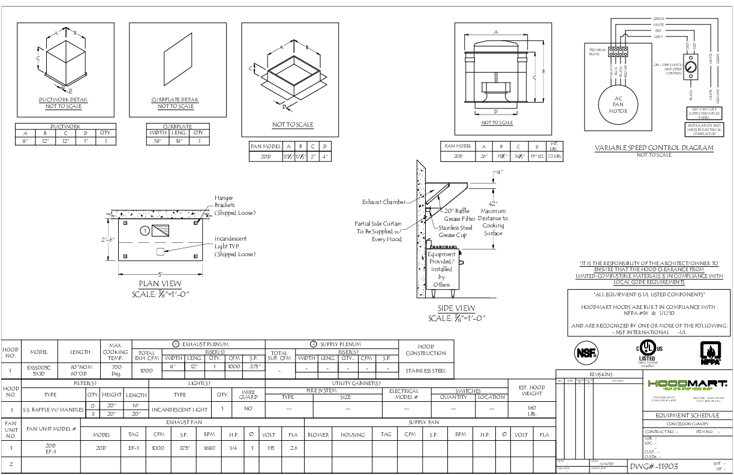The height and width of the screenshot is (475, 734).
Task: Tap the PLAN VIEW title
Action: point(160,284)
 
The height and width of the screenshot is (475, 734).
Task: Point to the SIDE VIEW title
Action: point(456,308)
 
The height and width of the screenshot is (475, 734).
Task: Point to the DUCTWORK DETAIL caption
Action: point(63,100)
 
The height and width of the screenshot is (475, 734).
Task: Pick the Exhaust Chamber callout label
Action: point(384,202)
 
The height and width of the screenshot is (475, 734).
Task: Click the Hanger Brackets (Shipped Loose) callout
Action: point(235,205)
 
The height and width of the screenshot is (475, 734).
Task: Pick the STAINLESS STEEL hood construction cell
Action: point(426,371)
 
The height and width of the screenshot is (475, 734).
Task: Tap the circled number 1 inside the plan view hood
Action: point(145,230)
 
